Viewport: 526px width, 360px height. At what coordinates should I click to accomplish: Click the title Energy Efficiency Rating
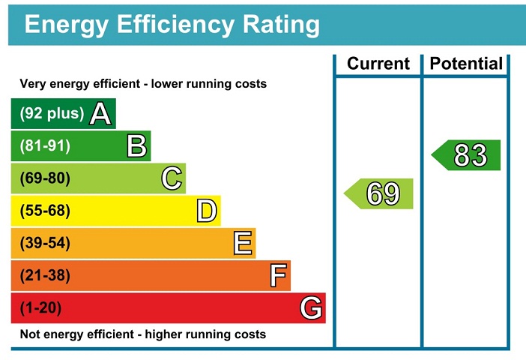[x=172, y=24]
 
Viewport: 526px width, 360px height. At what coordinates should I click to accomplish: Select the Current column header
[x=378, y=64]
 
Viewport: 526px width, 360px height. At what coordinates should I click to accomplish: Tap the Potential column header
[x=465, y=64]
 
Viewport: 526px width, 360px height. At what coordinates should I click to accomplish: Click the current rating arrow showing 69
[x=380, y=193]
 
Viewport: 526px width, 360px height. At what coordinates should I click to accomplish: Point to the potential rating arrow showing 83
[x=468, y=155]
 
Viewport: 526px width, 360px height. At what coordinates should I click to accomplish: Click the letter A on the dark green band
[x=101, y=114]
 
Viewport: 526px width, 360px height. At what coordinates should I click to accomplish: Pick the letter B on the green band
[x=136, y=146]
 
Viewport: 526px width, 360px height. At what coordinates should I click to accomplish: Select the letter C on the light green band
[x=172, y=178]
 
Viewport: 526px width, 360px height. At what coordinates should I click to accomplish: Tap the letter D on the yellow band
[x=207, y=211]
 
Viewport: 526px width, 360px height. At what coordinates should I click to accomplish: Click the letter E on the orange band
[x=242, y=243]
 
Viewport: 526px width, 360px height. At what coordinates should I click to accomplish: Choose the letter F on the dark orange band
[x=278, y=276]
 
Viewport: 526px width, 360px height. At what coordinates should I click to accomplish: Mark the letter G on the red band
[x=312, y=308]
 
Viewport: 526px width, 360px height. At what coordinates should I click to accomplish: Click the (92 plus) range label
[x=52, y=114]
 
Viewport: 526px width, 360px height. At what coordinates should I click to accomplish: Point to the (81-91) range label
[x=45, y=146]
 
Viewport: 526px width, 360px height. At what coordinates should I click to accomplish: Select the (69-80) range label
[x=45, y=178]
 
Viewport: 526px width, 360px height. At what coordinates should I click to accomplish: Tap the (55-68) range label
[x=45, y=211]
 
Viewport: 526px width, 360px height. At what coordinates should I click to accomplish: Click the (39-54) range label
[x=45, y=243]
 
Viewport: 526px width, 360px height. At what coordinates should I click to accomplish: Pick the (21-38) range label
[x=45, y=276]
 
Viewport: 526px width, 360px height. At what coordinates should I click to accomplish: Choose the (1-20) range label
[x=41, y=308]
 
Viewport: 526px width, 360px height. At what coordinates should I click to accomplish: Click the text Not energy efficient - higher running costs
[x=142, y=334]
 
